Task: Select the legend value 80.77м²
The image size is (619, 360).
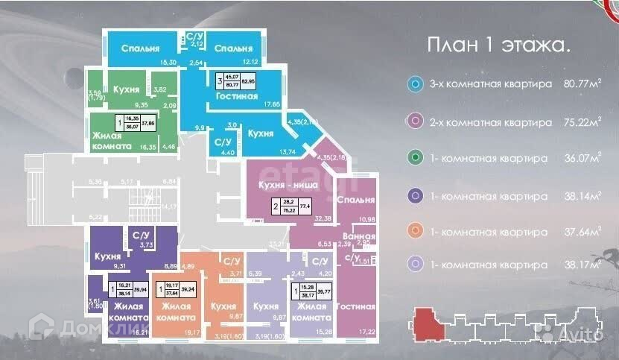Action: (581, 84)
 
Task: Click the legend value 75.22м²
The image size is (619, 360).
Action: (581, 121)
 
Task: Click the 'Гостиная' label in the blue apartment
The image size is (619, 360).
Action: (238, 96)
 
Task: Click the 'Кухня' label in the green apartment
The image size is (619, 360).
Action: (126, 89)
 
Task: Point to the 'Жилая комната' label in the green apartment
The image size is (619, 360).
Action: (114, 142)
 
